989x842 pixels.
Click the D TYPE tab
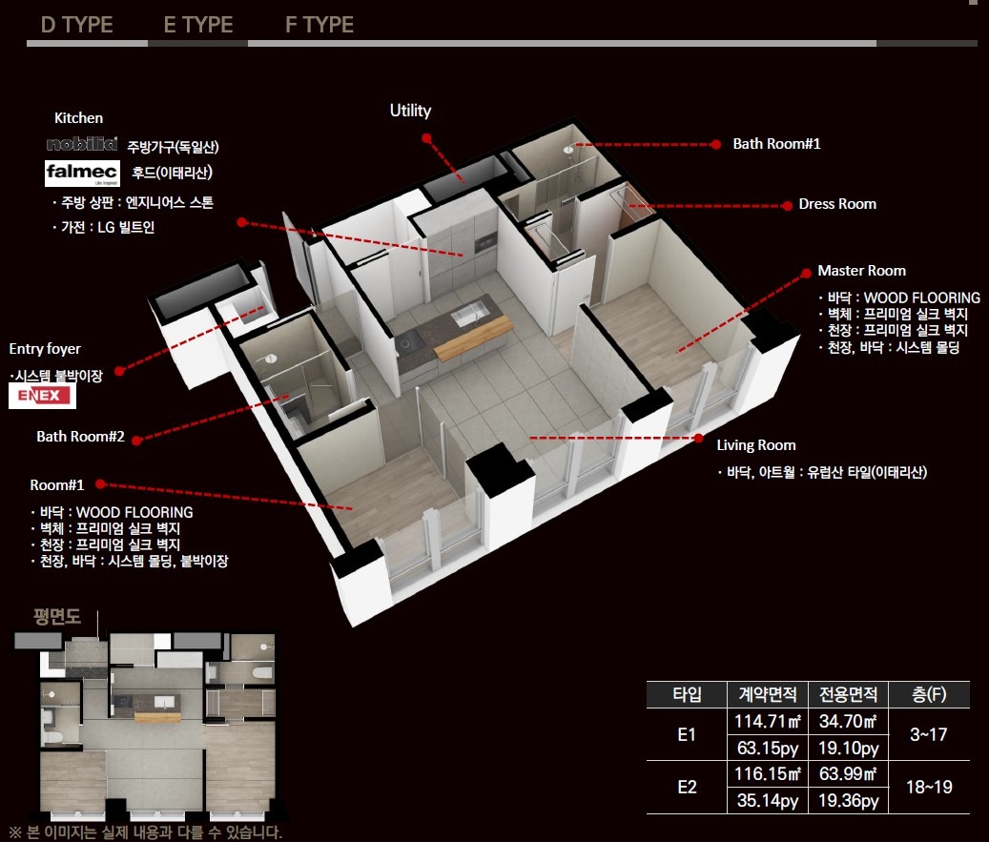(77, 25)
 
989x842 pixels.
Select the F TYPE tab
(319, 25)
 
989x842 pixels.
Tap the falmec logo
(82, 174)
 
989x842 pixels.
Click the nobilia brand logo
(82, 144)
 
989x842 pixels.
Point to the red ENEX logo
(42, 396)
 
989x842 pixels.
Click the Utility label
(411, 111)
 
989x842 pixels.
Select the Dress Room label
(837, 204)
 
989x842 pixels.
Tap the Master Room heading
(861, 271)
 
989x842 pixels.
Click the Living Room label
(755, 445)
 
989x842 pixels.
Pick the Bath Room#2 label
(80, 437)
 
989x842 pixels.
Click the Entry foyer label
(45, 349)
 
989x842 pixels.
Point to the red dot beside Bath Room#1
(715, 144)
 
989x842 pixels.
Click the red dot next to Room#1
(100, 484)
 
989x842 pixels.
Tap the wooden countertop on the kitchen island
(473, 339)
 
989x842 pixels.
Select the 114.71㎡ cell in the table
(768, 721)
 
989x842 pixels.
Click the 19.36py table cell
(848, 800)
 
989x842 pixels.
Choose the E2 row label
(687, 787)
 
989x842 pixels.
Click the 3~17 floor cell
(929, 734)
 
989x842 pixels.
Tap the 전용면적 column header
(848, 694)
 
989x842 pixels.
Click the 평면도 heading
(57, 616)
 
